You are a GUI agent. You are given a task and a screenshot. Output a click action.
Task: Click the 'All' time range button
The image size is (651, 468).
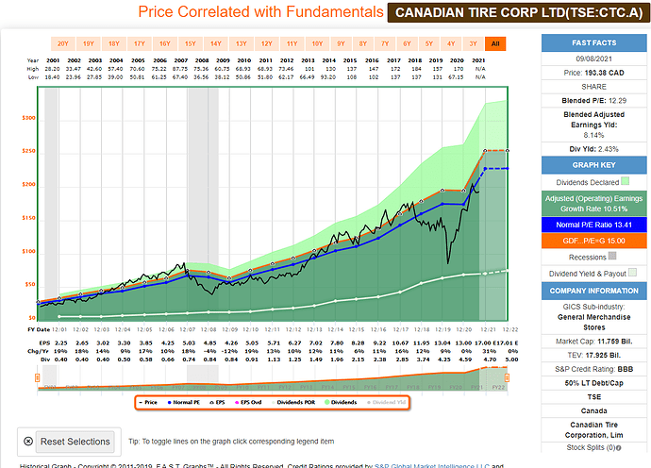pos(494,43)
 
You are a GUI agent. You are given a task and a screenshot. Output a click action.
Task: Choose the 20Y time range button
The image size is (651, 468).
pos(62,43)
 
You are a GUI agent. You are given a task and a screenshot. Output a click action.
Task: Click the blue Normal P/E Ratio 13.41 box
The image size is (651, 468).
pos(592,226)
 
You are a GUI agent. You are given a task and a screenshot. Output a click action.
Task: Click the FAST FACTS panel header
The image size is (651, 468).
pos(592,43)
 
